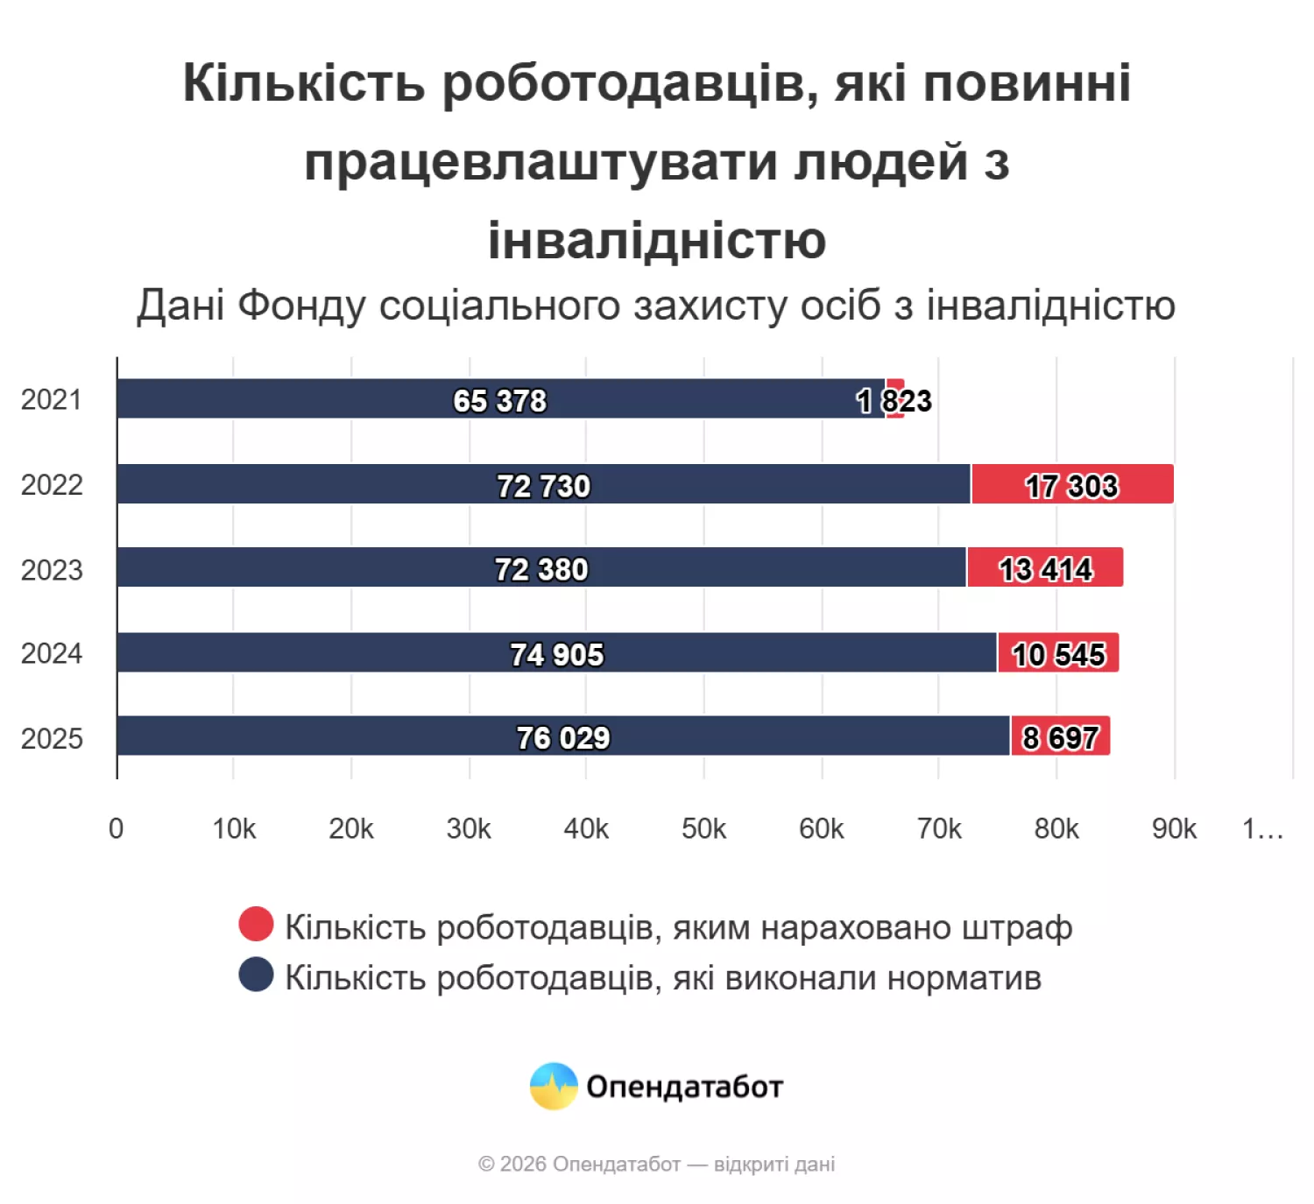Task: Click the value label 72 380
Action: pyautogui.click(x=541, y=569)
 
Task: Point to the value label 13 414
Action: pyautogui.click(x=1045, y=569)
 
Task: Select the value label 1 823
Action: pyautogui.click(x=894, y=401)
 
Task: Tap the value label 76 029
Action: pyautogui.click(x=562, y=737)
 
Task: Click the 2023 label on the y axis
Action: pyautogui.click(x=52, y=570)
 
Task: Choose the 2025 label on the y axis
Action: pyautogui.click(x=52, y=738)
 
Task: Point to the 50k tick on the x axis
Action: pyautogui.click(x=703, y=828)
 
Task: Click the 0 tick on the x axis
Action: pyautogui.click(x=116, y=828)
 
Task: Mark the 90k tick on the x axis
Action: pyautogui.click(x=1174, y=828)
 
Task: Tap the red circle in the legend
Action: pyautogui.click(x=256, y=924)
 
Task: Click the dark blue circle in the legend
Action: pyautogui.click(x=256, y=975)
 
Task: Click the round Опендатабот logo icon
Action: pyautogui.click(x=554, y=1086)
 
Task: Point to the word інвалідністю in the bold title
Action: pyautogui.click(x=657, y=240)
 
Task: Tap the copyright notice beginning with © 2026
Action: pyautogui.click(x=656, y=1164)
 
